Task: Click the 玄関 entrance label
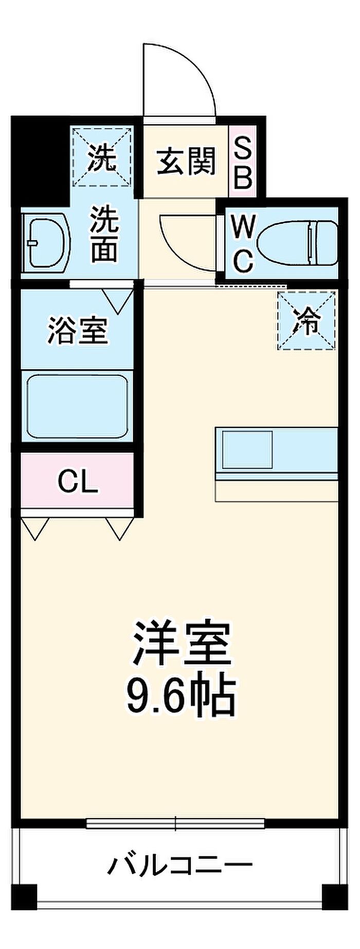(x=186, y=161)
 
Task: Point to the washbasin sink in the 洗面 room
(x=48, y=241)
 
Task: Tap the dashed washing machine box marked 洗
(x=101, y=157)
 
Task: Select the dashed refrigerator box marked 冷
(x=307, y=321)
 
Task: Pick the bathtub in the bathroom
(x=77, y=406)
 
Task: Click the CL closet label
(x=77, y=482)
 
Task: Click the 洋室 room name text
(x=181, y=644)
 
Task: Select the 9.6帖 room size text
(x=181, y=696)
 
